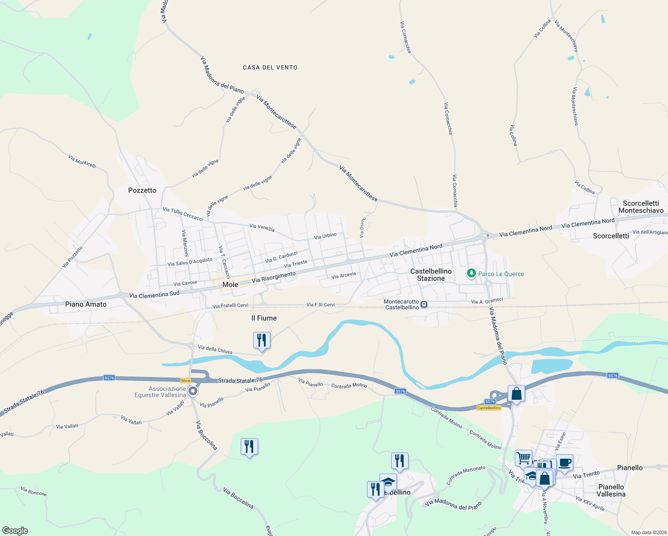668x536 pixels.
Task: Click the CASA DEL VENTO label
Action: click(x=270, y=67)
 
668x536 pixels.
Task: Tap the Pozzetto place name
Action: click(x=142, y=190)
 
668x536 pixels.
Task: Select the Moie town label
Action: click(x=230, y=285)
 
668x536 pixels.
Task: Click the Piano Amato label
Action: click(x=86, y=304)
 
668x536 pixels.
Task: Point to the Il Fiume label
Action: click(x=264, y=318)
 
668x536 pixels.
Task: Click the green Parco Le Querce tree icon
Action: click(x=471, y=273)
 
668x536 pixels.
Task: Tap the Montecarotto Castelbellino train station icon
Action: click(x=424, y=305)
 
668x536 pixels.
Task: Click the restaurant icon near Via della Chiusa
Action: click(x=262, y=340)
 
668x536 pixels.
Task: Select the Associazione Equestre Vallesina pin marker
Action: click(x=193, y=391)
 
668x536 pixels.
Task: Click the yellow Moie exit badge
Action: click(x=186, y=381)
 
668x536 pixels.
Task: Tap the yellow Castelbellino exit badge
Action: click(x=488, y=408)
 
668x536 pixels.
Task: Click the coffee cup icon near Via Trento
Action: click(x=564, y=462)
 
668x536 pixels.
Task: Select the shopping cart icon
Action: click(x=523, y=458)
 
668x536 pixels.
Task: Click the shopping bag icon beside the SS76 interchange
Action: click(x=516, y=394)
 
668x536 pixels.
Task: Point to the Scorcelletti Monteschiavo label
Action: click(x=641, y=207)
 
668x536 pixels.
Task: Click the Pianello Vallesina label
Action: click(x=611, y=490)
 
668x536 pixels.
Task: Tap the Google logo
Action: click(x=15, y=531)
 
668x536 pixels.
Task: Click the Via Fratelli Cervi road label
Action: click(x=230, y=306)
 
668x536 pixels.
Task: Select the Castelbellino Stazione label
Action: click(x=431, y=275)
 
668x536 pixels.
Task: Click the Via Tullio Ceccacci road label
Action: click(x=183, y=214)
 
